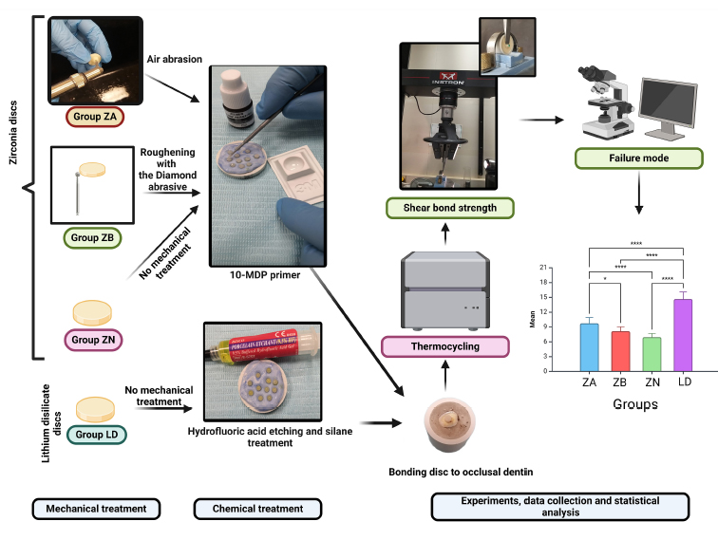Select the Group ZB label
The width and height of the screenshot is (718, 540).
coord(87,237)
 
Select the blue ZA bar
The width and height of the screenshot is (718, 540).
coord(589,347)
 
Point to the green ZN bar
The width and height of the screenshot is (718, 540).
coord(652,354)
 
